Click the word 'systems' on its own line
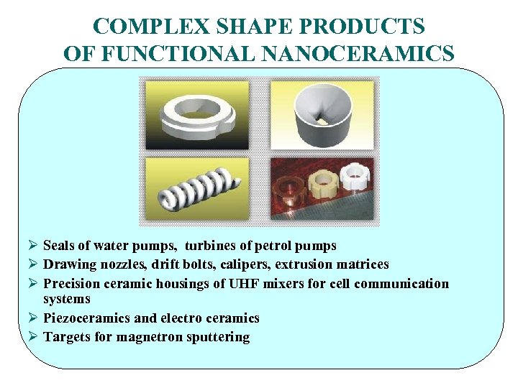point(67,299)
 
